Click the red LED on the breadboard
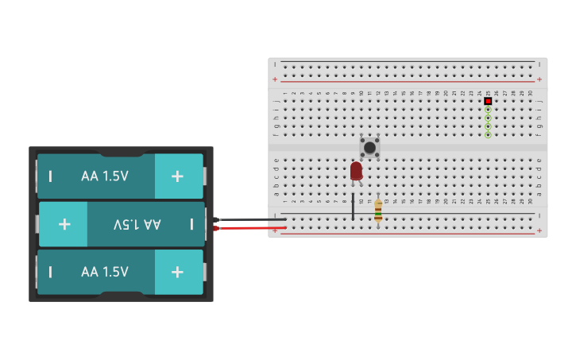pyautogui.click(x=356, y=171)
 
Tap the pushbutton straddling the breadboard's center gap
pyautogui.click(x=369, y=147)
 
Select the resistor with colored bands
pyautogui.click(x=378, y=211)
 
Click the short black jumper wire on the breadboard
pyautogui.click(x=353, y=206)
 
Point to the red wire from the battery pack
pyautogui.click(x=246, y=228)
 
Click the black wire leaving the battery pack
pyautogui.click(x=246, y=219)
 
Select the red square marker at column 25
pyautogui.click(x=488, y=101)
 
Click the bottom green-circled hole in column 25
pyautogui.click(x=488, y=134)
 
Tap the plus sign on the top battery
pyautogui.click(x=178, y=176)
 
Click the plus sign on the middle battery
pyautogui.click(x=63, y=224)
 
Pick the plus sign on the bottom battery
pyautogui.click(x=178, y=272)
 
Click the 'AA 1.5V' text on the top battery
pyautogui.click(x=105, y=176)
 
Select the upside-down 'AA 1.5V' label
pyautogui.click(x=137, y=225)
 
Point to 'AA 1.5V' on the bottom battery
pyautogui.click(x=105, y=272)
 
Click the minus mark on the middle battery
pyautogui.click(x=191, y=224)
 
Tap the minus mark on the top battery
pyautogui.click(x=50, y=176)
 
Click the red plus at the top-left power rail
pyautogui.click(x=275, y=79)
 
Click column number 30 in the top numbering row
pyautogui.click(x=531, y=93)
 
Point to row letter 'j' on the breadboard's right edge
pyautogui.click(x=539, y=102)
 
